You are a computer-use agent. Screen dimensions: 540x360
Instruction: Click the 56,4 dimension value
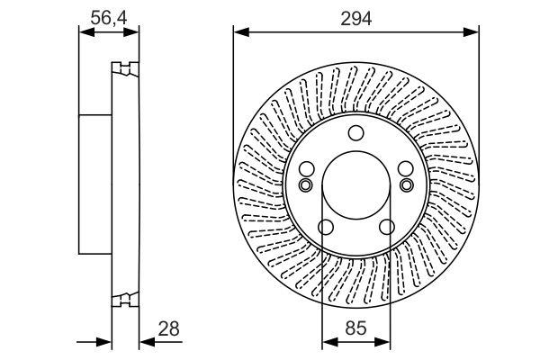click(109, 18)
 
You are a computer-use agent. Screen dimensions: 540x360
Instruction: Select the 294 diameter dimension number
click(356, 18)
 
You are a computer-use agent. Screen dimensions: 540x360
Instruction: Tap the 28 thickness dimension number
click(169, 328)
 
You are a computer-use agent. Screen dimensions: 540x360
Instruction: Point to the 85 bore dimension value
click(355, 328)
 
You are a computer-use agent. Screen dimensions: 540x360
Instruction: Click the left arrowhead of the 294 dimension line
click(241, 32)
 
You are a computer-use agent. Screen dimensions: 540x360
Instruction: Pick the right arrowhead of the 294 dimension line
click(471, 32)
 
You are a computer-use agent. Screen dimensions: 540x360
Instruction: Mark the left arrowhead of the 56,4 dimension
click(86, 32)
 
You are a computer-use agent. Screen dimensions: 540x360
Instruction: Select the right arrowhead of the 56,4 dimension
click(131, 32)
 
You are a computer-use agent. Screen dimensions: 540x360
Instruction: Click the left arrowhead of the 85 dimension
click(329, 342)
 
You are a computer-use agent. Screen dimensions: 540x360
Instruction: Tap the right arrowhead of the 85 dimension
click(382, 342)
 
